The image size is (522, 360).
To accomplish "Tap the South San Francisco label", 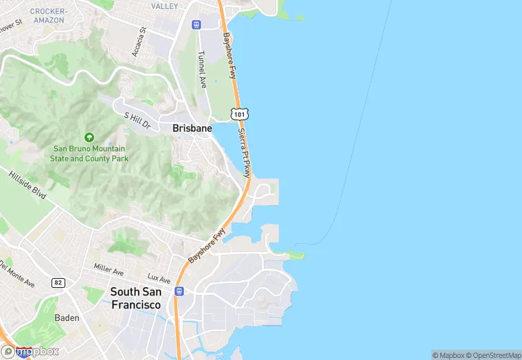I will pos(136,298).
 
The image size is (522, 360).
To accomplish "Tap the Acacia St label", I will pos(139,42).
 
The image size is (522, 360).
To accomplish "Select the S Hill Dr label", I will pos(137,120).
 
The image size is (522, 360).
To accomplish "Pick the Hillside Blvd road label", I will pos(27,185).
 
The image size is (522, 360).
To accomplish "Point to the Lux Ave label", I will pos(159,279).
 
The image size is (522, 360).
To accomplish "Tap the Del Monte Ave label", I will pos(16,273).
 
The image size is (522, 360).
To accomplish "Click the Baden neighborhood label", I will pos(67,318).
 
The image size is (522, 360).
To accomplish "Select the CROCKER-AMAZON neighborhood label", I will pos(47,16).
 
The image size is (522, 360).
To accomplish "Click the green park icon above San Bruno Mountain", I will pos(88,137).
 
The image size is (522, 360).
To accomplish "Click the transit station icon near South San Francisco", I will pos(179,291).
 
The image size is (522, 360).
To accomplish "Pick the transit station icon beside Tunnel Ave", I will pos(196,24).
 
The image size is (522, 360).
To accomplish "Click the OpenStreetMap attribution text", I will pos(494,355).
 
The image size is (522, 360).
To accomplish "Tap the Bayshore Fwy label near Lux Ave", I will pos(207,245).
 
